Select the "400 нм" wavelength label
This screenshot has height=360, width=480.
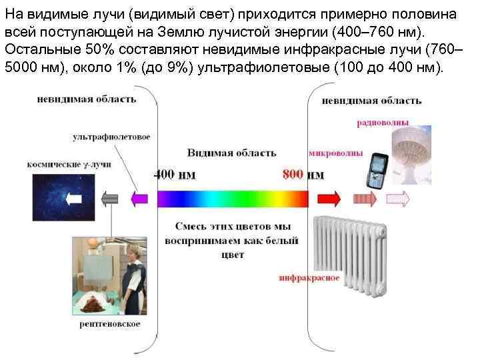click(x=175, y=175)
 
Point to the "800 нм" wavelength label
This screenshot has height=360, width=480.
click(x=303, y=175)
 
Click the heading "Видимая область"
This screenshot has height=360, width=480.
click(x=231, y=153)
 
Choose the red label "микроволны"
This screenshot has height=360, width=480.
click(x=336, y=153)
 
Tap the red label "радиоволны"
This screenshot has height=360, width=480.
click(x=383, y=123)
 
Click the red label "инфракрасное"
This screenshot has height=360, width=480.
click(x=309, y=277)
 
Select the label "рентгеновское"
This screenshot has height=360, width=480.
click(x=110, y=325)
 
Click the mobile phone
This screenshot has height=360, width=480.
click(x=378, y=171)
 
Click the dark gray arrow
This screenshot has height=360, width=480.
click(x=109, y=198)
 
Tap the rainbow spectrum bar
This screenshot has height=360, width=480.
click(x=232, y=198)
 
